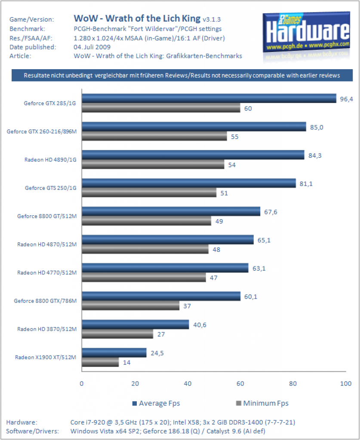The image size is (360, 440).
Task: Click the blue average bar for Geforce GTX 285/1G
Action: point(209,98)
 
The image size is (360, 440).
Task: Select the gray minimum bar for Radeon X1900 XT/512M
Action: point(100,362)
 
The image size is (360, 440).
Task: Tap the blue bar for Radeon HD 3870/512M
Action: point(135,324)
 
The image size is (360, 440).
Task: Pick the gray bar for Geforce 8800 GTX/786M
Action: point(131,306)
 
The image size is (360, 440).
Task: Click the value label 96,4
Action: point(347,99)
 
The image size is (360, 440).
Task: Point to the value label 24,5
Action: point(157,353)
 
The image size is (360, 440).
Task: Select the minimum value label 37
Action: point(187,306)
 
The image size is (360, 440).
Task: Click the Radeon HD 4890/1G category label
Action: point(50,160)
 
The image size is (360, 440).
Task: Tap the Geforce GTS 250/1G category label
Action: point(51,188)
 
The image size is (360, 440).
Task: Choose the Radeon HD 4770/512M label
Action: point(47,273)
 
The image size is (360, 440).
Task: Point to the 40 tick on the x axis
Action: point(188,384)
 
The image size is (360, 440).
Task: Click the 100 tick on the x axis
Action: point(346,384)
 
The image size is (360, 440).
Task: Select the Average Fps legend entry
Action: point(156,403)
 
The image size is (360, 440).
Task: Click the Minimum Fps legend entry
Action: point(262,403)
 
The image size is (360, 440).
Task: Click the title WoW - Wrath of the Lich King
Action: point(137,18)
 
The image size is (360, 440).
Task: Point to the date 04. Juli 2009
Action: point(92,47)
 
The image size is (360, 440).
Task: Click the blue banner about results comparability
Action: point(182,75)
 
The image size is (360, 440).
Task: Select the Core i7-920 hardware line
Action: point(182,422)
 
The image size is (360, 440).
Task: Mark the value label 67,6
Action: point(271,212)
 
